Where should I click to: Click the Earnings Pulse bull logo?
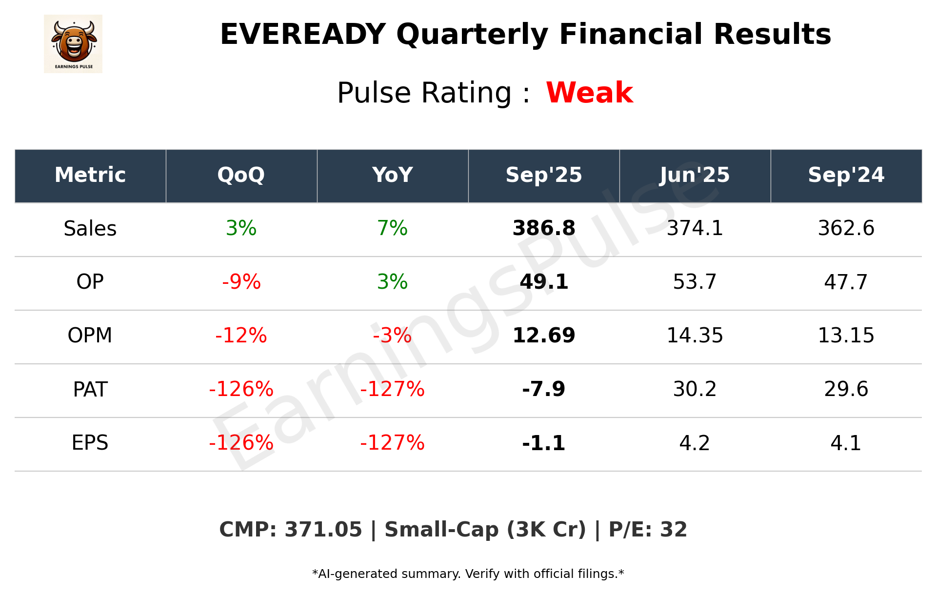(x=73, y=44)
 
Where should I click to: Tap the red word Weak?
(x=589, y=93)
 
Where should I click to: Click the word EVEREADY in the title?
(x=303, y=35)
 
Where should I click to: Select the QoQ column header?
(x=241, y=175)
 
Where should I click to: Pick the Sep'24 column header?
(x=846, y=175)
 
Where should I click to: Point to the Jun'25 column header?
(x=695, y=175)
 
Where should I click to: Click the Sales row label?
(x=90, y=228)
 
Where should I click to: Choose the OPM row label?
(x=90, y=336)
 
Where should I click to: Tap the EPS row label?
(x=90, y=443)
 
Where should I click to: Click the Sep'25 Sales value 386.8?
(x=544, y=228)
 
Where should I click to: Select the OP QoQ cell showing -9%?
(x=241, y=282)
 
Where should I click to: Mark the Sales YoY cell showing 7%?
(x=392, y=228)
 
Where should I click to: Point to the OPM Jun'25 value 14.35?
(x=695, y=336)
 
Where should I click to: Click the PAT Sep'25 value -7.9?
(x=543, y=389)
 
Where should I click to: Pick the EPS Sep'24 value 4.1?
(x=846, y=443)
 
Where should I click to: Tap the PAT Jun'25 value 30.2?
(x=695, y=389)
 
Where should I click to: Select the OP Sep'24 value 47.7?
(x=846, y=282)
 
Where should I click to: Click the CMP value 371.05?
(x=323, y=530)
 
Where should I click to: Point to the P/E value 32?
(x=674, y=530)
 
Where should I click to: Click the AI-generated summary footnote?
(x=468, y=574)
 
